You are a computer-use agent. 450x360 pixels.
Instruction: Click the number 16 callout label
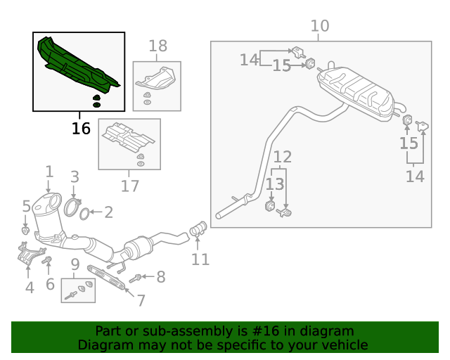(x=81, y=129)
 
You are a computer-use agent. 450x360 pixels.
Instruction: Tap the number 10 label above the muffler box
(x=319, y=27)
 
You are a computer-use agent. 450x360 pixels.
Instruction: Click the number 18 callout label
(x=157, y=46)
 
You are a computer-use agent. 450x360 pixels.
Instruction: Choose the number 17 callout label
(x=129, y=186)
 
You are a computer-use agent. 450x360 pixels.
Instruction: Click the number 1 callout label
(x=49, y=171)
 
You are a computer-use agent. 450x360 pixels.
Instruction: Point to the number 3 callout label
(x=74, y=176)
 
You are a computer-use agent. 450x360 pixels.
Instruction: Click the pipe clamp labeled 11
(x=198, y=229)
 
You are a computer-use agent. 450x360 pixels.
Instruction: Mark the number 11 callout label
(x=200, y=259)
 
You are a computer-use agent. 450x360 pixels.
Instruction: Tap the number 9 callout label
(x=74, y=266)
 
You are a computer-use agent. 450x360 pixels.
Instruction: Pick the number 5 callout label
(x=26, y=206)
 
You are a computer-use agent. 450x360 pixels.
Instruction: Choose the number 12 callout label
(x=282, y=156)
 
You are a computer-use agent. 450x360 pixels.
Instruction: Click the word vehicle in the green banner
(x=343, y=345)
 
